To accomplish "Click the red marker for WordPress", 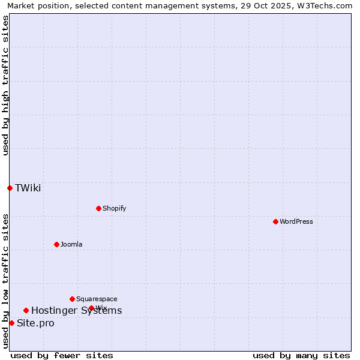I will tap(275, 221).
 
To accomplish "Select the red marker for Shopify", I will tap(98, 208).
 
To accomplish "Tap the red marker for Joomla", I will tap(56, 244).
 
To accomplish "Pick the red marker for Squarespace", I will tap(72, 299).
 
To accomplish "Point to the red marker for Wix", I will tap(91, 308).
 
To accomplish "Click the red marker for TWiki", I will tap(10, 188).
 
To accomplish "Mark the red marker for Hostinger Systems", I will tap(26, 310).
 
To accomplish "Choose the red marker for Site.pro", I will tap(11, 323).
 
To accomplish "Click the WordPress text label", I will tap(296, 221).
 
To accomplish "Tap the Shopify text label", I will tap(114, 208).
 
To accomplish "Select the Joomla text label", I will tap(71, 244).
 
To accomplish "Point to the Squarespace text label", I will tap(97, 299).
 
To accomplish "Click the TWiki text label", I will tap(28, 188).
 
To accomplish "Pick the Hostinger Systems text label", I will tap(76, 310).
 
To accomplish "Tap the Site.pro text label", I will tap(35, 323).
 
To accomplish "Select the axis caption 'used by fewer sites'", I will tap(62, 355).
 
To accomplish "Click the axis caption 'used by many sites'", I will tap(301, 355).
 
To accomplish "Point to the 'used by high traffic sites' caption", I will tap(5, 85).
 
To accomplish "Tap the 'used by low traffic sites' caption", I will tap(5, 280).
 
